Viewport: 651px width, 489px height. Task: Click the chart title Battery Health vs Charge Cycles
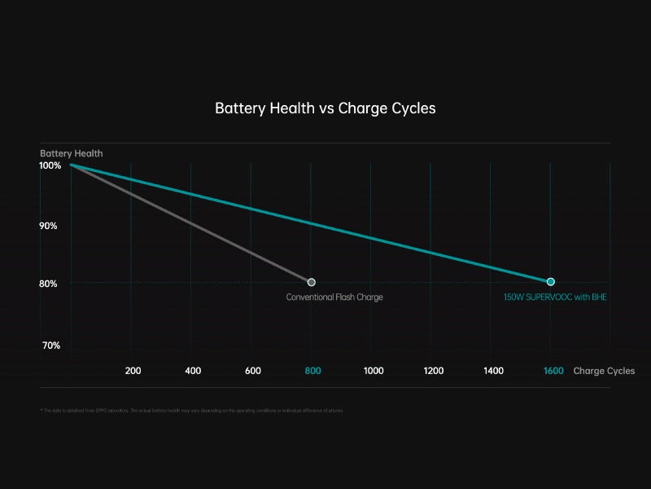pyautogui.click(x=325, y=108)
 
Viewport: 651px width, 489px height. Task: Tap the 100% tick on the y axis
pyautogui.click(x=50, y=165)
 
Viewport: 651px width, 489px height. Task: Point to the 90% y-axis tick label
pyautogui.click(x=48, y=226)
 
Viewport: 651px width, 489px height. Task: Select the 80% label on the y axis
pyautogui.click(x=48, y=284)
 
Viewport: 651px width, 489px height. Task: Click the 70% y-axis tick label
pyautogui.click(x=50, y=346)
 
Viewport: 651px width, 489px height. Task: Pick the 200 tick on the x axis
pyautogui.click(x=133, y=371)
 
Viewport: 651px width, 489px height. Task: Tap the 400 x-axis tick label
pyautogui.click(x=193, y=371)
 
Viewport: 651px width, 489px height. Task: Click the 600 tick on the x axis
pyautogui.click(x=253, y=371)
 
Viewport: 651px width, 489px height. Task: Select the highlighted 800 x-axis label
pyautogui.click(x=312, y=371)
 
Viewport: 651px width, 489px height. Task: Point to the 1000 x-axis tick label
pyautogui.click(x=374, y=371)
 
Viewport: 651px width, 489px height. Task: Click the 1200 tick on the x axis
pyautogui.click(x=434, y=371)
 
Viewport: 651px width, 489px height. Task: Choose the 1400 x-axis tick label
pyautogui.click(x=493, y=371)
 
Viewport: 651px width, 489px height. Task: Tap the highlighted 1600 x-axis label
pyautogui.click(x=553, y=371)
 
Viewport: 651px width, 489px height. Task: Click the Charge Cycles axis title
pyautogui.click(x=604, y=371)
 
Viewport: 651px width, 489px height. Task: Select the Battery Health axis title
pyautogui.click(x=72, y=153)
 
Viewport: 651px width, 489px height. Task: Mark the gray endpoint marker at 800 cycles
pyautogui.click(x=312, y=282)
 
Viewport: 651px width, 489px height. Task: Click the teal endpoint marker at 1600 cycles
pyautogui.click(x=551, y=282)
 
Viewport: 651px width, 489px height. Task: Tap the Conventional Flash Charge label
pyautogui.click(x=334, y=297)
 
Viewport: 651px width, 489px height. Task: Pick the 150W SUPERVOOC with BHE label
pyautogui.click(x=555, y=297)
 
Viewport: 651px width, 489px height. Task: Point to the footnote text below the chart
pyautogui.click(x=192, y=411)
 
